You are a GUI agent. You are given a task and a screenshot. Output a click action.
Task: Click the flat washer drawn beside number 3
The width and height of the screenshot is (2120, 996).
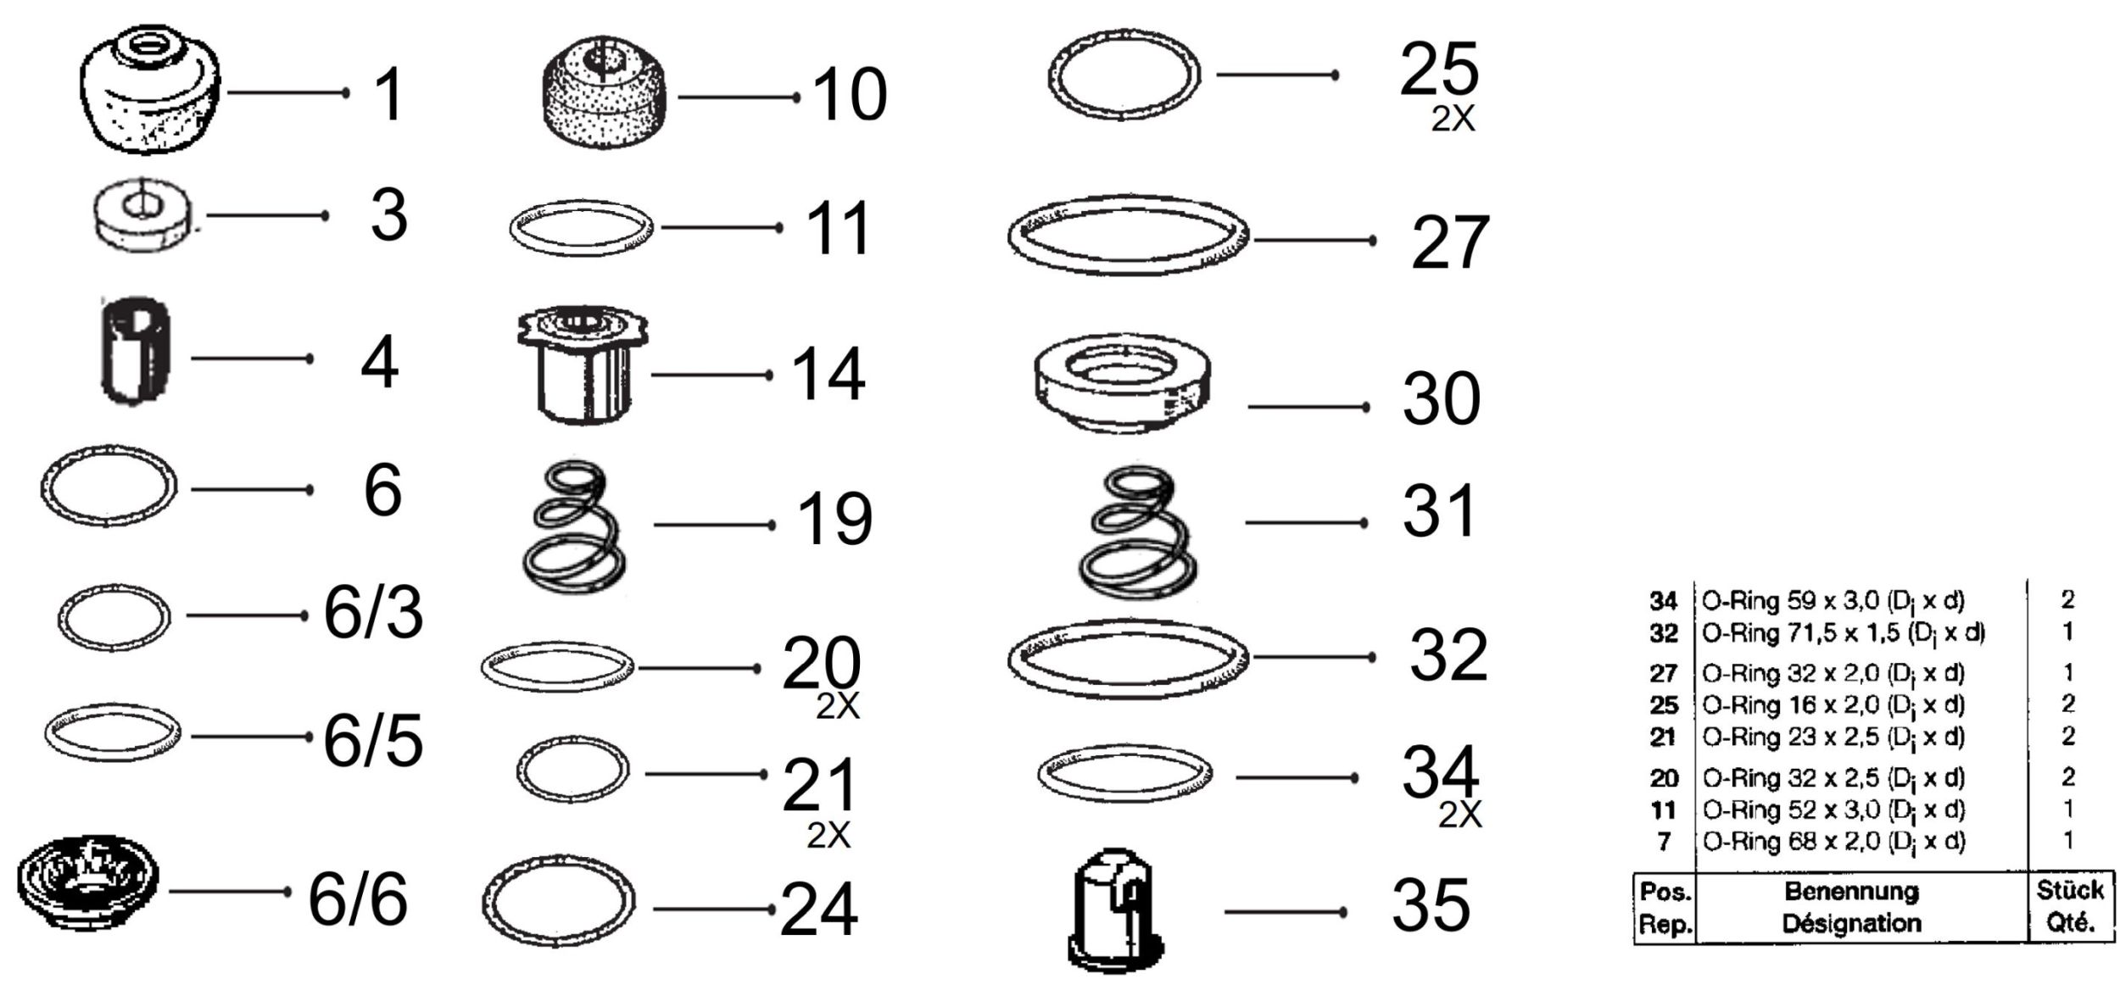coord(142,216)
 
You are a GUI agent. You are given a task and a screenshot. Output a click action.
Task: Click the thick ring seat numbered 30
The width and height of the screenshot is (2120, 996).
coord(1123,384)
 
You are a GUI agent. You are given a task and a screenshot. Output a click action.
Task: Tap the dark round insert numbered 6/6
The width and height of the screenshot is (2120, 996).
coord(87,887)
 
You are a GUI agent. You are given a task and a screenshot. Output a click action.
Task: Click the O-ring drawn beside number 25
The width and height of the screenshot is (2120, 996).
coord(1124,75)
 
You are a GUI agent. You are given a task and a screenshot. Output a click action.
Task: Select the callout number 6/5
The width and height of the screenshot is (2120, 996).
coord(373,742)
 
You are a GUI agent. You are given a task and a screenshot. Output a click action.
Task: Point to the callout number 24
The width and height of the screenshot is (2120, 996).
coord(818,910)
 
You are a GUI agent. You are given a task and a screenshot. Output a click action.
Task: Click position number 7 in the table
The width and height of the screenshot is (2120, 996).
coord(1665,843)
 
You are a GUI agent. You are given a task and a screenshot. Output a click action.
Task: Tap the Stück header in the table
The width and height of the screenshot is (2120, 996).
coord(2070,890)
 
